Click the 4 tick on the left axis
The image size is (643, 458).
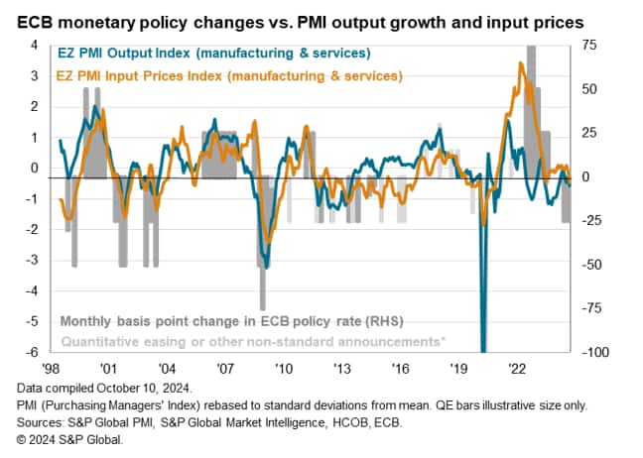click(35, 46)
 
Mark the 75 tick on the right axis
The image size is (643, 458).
click(589, 46)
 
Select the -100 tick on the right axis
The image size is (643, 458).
click(593, 353)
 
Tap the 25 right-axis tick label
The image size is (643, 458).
click(589, 133)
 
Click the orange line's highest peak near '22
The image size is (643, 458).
click(522, 63)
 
